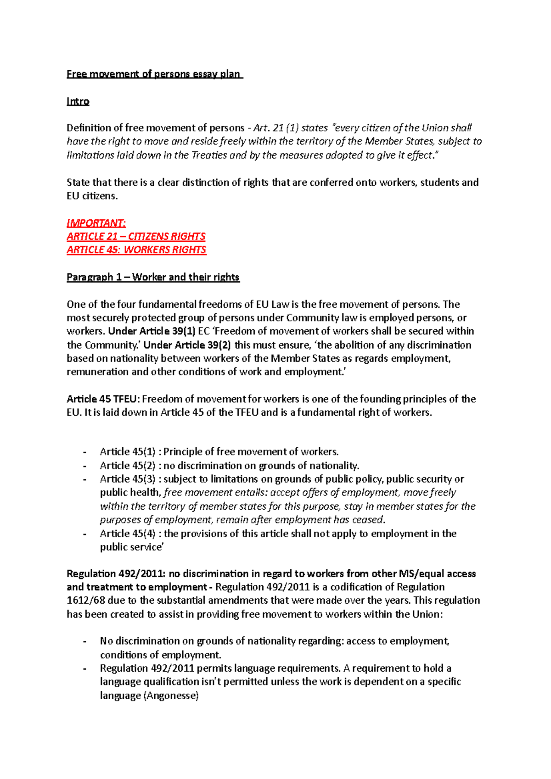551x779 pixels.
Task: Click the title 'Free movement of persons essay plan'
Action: (154, 74)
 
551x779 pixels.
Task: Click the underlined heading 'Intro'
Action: (78, 101)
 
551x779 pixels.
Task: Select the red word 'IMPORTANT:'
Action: (96, 223)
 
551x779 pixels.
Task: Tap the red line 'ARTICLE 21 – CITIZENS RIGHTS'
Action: (136, 236)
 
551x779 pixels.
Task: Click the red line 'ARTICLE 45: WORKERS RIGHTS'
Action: (136, 250)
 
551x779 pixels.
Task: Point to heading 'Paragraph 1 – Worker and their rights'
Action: (153, 277)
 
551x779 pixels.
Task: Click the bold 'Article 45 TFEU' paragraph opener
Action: (101, 399)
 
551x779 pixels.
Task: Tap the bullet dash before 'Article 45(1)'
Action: (84, 452)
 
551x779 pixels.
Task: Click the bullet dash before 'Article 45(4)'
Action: (84, 534)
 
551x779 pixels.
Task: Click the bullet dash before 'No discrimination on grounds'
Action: (84, 642)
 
